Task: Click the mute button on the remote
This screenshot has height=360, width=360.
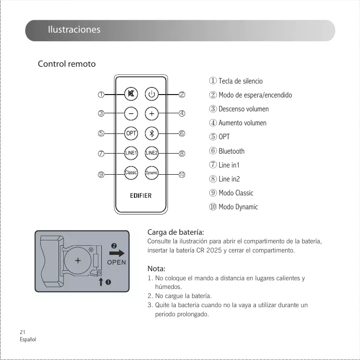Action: click(x=131, y=94)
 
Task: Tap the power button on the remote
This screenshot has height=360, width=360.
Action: click(x=152, y=94)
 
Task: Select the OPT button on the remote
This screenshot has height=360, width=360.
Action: click(x=131, y=133)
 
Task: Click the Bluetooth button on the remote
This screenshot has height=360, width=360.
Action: click(x=152, y=133)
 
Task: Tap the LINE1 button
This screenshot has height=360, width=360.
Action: click(x=131, y=153)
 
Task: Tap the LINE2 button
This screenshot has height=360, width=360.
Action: click(x=152, y=153)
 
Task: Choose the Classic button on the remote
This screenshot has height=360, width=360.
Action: click(x=131, y=172)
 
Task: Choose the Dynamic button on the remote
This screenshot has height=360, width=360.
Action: click(x=152, y=173)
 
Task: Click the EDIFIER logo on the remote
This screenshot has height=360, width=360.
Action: click(x=141, y=195)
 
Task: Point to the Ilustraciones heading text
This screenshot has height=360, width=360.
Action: click(x=74, y=30)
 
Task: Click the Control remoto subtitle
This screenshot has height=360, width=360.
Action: click(x=67, y=64)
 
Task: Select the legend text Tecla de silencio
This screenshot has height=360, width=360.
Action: click(x=240, y=81)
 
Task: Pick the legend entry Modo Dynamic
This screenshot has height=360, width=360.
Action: click(x=238, y=207)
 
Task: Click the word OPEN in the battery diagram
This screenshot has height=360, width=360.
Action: click(x=116, y=262)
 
